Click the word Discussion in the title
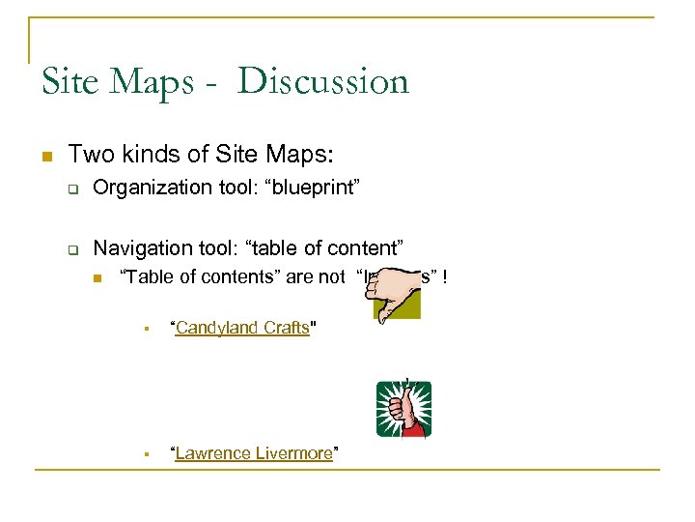pyautogui.click(x=323, y=81)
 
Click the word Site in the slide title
pyautogui.click(x=69, y=81)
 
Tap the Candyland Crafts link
pyautogui.click(x=241, y=328)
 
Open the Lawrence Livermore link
pyautogui.click(x=253, y=453)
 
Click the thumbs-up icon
pyautogui.click(x=403, y=408)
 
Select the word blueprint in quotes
pyautogui.click(x=314, y=187)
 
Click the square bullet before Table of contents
pyautogui.click(x=97, y=278)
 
